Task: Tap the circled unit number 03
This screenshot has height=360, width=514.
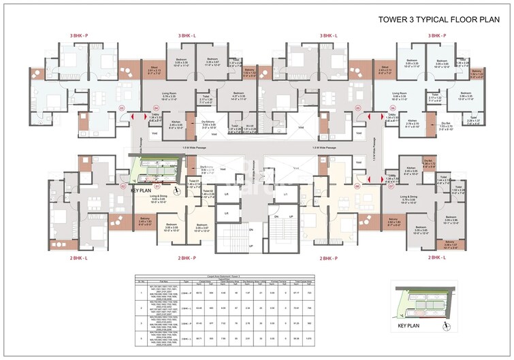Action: (x=122, y=108)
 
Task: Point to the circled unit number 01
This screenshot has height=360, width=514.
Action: (x=157, y=185)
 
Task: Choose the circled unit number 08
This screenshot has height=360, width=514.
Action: (x=357, y=185)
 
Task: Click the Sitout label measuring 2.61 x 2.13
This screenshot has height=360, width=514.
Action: (x=154, y=69)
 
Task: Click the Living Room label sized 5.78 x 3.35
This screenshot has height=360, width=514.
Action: (x=168, y=95)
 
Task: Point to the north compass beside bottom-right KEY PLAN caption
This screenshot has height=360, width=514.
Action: (x=446, y=324)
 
